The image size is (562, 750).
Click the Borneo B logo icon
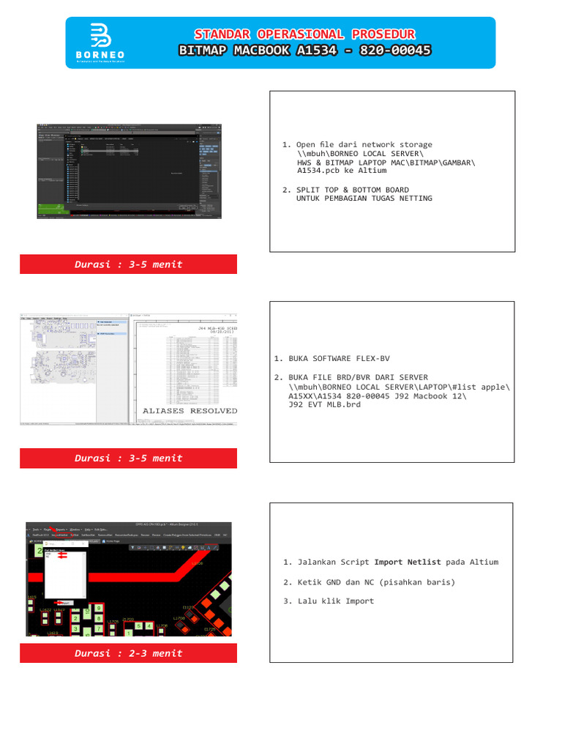tap(100, 36)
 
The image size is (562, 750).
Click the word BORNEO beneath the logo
tap(100, 55)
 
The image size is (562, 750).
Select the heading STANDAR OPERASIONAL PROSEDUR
tap(305, 34)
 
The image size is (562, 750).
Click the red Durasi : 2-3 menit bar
tap(128, 653)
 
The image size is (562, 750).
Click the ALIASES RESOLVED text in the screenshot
tap(190, 411)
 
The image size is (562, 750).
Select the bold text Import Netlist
tap(408, 562)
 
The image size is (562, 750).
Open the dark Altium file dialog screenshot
tap(128, 170)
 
